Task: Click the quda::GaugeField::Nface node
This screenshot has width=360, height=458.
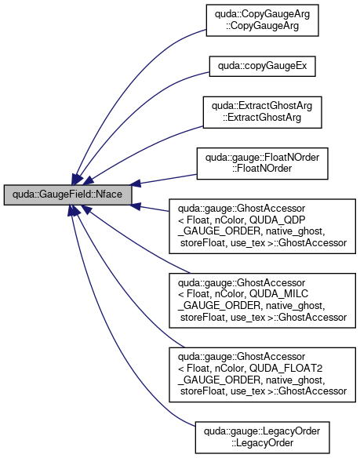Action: click(67, 194)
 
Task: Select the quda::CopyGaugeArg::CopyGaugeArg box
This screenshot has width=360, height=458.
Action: click(263, 20)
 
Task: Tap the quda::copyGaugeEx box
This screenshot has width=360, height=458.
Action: click(263, 67)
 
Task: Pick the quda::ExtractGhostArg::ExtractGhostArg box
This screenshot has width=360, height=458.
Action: click(263, 112)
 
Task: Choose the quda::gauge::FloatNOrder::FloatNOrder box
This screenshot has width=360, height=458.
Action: click(263, 164)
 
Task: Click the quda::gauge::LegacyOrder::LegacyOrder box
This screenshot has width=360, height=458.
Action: click(263, 438)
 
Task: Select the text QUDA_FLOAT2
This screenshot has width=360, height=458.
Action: click(285, 369)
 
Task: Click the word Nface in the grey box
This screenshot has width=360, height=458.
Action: click(109, 194)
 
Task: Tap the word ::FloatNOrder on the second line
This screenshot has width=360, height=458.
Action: click(263, 169)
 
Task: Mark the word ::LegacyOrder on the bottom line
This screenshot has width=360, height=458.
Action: click(263, 443)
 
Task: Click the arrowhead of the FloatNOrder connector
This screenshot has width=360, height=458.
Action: click(136, 184)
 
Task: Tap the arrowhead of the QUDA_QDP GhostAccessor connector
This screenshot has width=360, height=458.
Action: click(136, 206)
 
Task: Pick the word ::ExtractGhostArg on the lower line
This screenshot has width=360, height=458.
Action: click(263, 118)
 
